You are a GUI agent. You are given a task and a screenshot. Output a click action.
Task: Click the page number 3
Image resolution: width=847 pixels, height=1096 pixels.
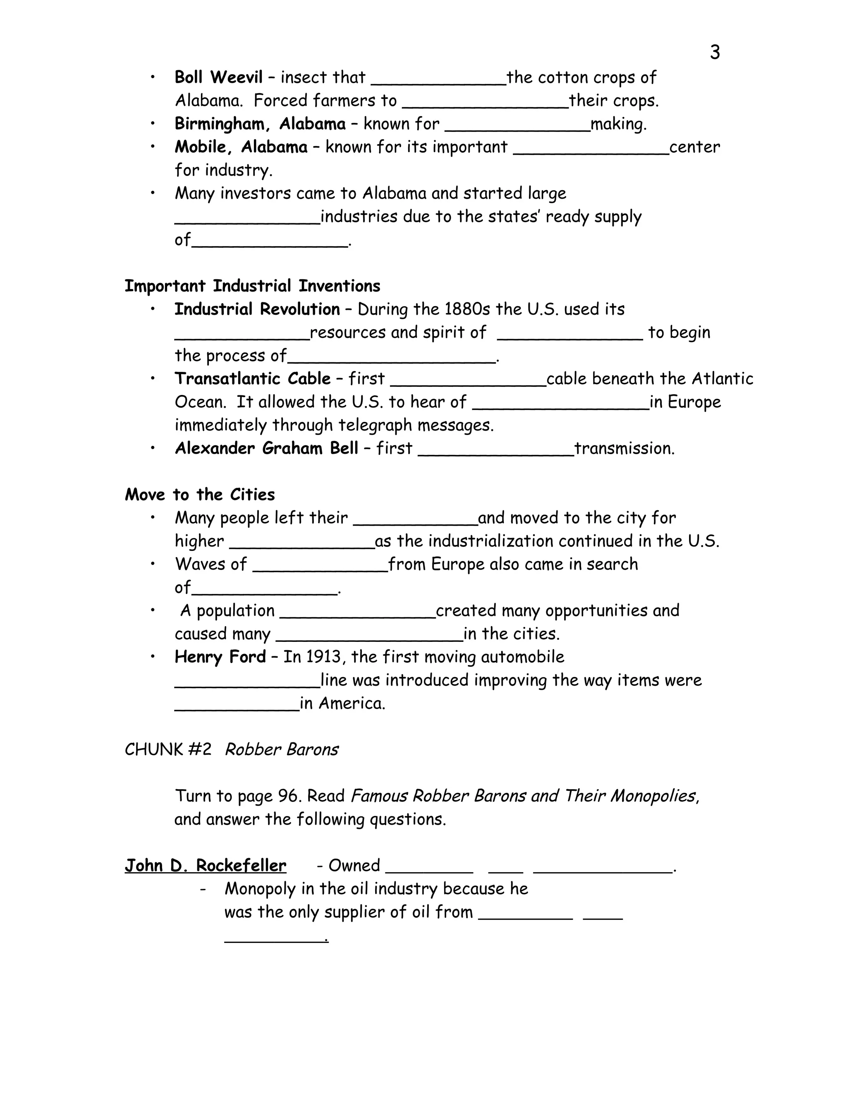pos(715,53)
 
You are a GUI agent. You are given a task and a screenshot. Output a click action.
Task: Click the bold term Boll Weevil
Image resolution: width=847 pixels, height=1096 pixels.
pos(218,77)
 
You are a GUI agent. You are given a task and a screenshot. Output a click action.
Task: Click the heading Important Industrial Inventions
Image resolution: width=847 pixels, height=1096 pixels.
pos(252,286)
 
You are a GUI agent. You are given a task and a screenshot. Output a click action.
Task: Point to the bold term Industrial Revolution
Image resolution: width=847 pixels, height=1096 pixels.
pos(257,309)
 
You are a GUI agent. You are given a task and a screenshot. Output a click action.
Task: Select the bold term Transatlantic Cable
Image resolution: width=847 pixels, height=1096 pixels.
pos(252,378)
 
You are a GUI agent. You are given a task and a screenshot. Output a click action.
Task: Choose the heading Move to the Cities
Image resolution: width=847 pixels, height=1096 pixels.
pos(200,495)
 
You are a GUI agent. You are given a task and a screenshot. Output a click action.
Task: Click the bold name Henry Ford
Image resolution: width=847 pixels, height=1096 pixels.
pos(220,657)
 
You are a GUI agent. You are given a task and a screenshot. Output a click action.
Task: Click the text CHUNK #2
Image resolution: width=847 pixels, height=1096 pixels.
pos(168,750)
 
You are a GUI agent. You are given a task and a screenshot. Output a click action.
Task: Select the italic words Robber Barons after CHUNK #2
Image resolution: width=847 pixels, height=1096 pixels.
pos(282,750)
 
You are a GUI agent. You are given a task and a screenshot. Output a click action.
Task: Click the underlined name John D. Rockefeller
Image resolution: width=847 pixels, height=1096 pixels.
pos(205,866)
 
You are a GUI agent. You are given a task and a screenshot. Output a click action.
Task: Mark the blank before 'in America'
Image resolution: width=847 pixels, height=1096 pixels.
pos(237,708)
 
